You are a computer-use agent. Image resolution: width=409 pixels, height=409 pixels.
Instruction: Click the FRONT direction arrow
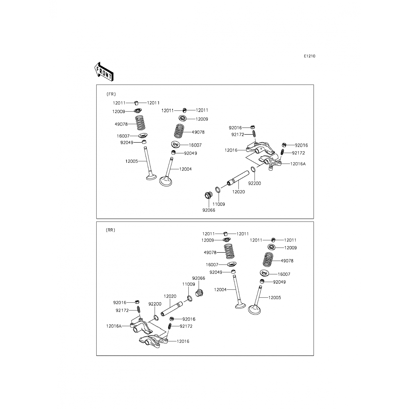[104, 72]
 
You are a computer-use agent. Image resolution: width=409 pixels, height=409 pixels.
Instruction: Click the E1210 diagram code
[310, 56]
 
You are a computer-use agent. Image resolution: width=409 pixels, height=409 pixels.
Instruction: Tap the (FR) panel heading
[111, 94]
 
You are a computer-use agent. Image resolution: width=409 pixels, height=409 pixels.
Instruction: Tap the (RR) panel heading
[110, 230]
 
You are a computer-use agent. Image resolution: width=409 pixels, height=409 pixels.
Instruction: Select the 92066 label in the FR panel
[209, 210]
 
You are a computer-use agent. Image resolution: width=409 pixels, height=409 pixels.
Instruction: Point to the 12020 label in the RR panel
[170, 296]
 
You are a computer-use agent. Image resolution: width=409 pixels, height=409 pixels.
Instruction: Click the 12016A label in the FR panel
[298, 164]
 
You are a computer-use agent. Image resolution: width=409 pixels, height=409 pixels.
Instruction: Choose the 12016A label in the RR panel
[114, 326]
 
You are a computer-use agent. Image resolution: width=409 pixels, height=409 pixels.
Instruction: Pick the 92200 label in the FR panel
[254, 184]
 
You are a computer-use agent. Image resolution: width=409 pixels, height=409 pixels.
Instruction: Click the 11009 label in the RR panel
[189, 284]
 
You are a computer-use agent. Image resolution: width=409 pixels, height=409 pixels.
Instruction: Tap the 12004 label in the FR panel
[185, 169]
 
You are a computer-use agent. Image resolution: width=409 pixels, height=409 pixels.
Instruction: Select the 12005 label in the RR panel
[275, 298]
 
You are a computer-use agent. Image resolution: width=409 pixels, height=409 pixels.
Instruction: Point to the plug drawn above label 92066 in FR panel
[209, 195]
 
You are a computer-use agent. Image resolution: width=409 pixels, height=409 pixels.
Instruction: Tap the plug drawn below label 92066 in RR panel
[200, 293]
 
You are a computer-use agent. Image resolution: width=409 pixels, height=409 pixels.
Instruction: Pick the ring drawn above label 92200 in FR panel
[253, 169]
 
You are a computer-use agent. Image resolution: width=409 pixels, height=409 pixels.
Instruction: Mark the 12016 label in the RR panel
[183, 341]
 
